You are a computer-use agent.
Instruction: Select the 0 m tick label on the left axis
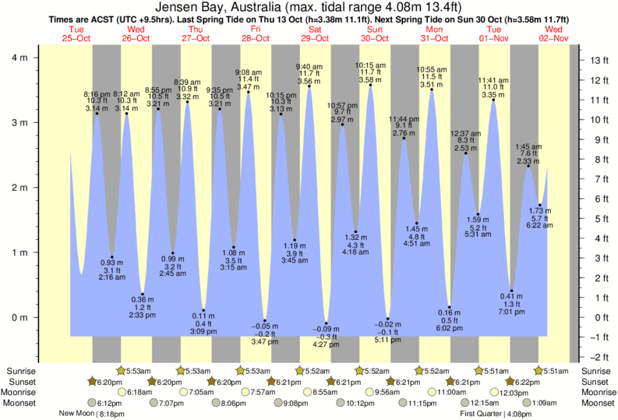tap(19, 317)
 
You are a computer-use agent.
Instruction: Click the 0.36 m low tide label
tap(142, 300)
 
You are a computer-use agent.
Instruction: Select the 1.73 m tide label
tap(540, 211)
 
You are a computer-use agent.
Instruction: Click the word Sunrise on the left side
tap(19, 371)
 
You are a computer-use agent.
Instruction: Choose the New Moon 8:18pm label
tap(92, 415)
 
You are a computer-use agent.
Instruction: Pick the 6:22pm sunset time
tap(524, 382)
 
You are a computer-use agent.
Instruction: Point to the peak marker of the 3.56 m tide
tap(309, 86)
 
